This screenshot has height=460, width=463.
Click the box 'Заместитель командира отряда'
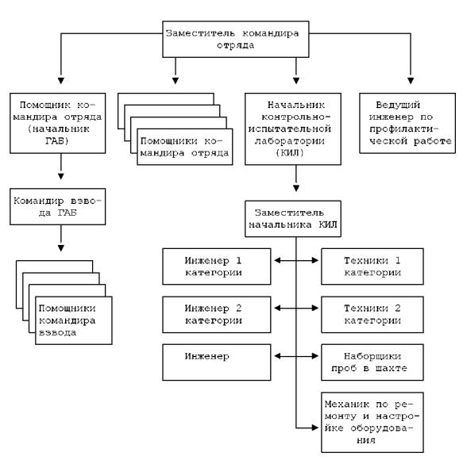pyautogui.click(x=236, y=39)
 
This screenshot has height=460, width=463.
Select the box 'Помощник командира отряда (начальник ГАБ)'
pyautogui.click(x=58, y=123)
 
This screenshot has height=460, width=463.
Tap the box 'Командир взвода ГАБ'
pyautogui.click(x=58, y=207)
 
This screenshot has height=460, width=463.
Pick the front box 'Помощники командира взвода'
pyautogui.click(x=74, y=320)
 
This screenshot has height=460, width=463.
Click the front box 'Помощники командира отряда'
pyautogui.click(x=185, y=147)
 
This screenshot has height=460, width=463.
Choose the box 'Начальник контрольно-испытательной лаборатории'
pyautogui.click(x=293, y=128)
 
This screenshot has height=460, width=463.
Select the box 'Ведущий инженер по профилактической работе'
pyautogui.click(x=407, y=123)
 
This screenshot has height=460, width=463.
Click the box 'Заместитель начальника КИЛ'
pyautogui.click(x=293, y=219)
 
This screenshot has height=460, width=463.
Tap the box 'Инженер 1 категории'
pyautogui.click(x=217, y=266)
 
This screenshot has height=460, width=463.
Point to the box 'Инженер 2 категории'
pyautogui.click(x=217, y=315)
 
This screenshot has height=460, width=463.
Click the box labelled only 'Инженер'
pyautogui.click(x=217, y=362)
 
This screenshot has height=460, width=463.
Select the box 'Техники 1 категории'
pyautogui.click(x=372, y=266)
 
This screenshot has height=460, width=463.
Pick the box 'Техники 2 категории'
pyautogui.click(x=372, y=315)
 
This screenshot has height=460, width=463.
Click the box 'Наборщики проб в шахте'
pyautogui.click(x=372, y=362)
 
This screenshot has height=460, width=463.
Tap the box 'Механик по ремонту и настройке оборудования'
pyautogui.click(x=372, y=422)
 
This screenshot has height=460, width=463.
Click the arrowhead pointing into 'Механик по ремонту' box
pyautogui.click(x=315, y=427)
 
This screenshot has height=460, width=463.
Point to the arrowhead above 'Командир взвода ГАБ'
pyautogui.click(x=61, y=176)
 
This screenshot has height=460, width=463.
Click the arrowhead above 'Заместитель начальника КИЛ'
pyautogui.click(x=296, y=188)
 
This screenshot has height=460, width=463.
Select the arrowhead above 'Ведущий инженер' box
pyautogui.click(x=411, y=81)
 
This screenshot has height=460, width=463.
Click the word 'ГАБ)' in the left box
pyautogui.click(x=57, y=141)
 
